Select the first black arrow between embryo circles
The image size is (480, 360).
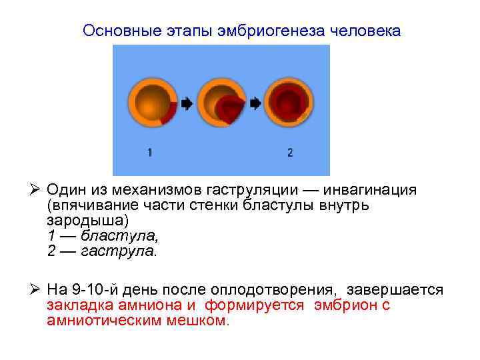pyautogui.click(x=187, y=103)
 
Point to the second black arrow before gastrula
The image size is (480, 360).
pyautogui.click(x=255, y=103)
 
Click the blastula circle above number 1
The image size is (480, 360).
pyautogui.click(x=153, y=103)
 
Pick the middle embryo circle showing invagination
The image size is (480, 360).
pyautogui.click(x=222, y=103)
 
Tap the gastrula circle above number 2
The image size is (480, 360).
pyautogui.click(x=289, y=103)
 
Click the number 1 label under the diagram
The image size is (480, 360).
pyautogui.click(x=149, y=153)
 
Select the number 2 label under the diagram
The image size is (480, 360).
pyautogui.click(x=290, y=153)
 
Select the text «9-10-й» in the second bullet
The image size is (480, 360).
pyautogui.click(x=101, y=290)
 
